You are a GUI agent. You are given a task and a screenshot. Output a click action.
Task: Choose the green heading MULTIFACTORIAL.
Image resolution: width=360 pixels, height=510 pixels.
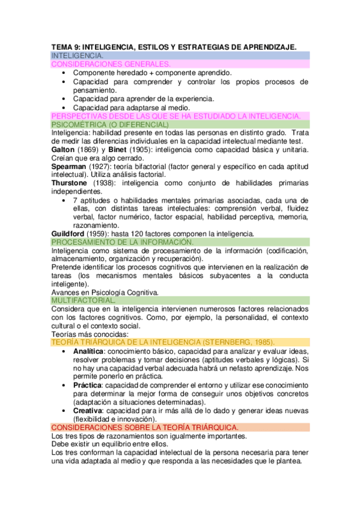[x=84, y=300]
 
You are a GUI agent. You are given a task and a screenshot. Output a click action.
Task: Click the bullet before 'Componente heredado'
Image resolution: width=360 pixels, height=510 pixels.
[x=64, y=72]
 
